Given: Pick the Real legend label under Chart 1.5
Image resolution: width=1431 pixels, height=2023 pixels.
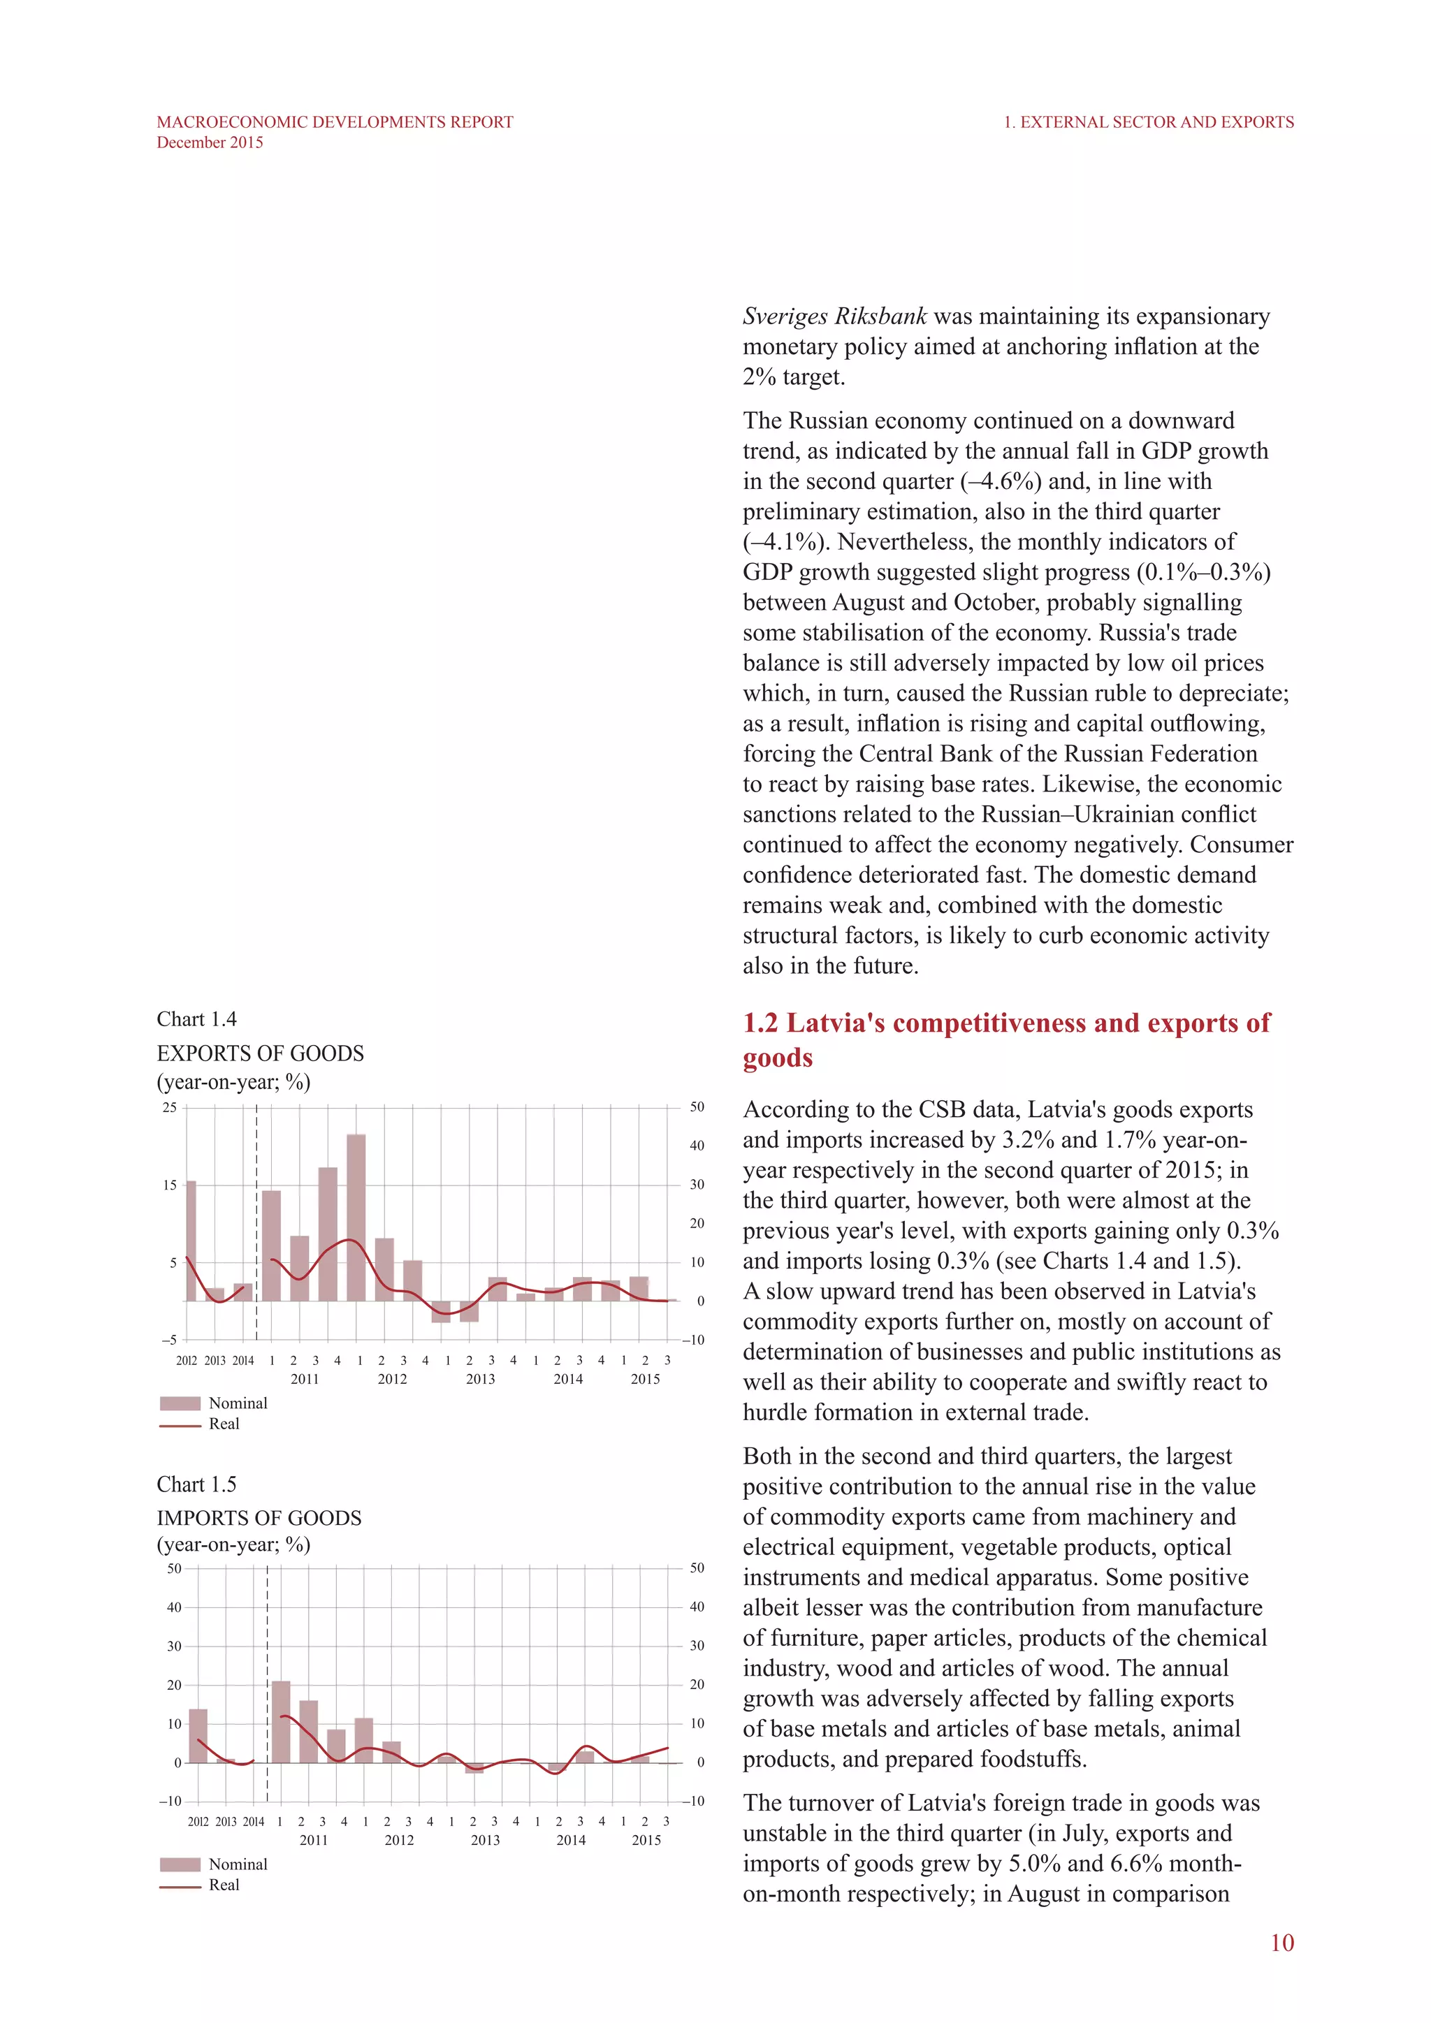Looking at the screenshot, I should click(224, 1885).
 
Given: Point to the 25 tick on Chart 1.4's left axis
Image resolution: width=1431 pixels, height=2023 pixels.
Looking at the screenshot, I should click(169, 1107).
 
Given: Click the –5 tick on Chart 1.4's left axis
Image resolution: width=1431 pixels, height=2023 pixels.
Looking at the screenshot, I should click(168, 1339).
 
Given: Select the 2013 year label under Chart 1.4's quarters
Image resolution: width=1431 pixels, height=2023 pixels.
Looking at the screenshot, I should click(480, 1379).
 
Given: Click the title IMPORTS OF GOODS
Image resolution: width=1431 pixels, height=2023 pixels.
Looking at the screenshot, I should click(259, 1517).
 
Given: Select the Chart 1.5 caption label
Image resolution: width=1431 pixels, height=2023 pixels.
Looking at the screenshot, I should click(196, 1484).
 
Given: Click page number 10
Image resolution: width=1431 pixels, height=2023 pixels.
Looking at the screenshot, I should click(1281, 1943).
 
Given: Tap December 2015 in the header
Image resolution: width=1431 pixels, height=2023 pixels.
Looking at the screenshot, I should click(210, 143).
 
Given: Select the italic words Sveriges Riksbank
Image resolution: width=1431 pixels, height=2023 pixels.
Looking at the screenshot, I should click(834, 316).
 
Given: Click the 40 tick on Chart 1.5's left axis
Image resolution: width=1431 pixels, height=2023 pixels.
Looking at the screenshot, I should click(173, 1607).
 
